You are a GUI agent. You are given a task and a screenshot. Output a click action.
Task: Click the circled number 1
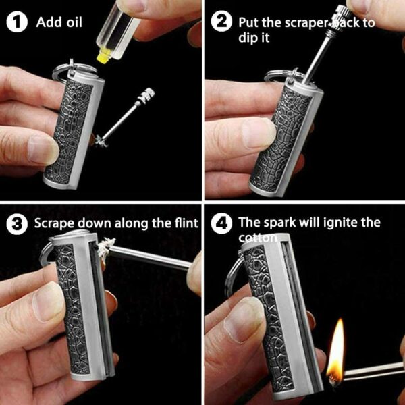click(16, 22)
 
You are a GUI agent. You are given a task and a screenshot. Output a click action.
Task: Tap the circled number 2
click(221, 22)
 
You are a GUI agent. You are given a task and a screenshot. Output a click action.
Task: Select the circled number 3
click(16, 223)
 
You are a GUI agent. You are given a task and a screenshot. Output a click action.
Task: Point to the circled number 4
click(221, 223)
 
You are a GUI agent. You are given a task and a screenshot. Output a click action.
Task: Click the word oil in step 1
click(74, 22)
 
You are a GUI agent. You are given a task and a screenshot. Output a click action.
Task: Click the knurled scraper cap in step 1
click(145, 95)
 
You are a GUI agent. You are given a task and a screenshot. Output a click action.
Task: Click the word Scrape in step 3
click(54, 223)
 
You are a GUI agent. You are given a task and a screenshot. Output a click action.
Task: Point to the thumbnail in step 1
click(43, 150)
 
